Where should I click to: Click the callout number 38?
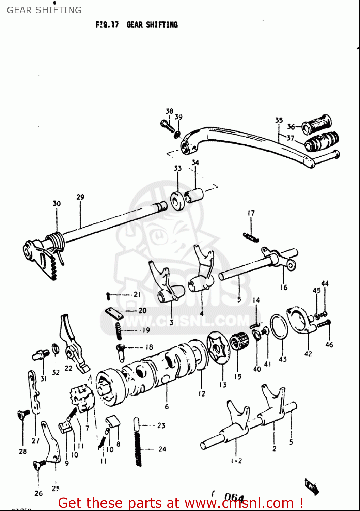point(169,111)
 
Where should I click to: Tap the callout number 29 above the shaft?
point(80,197)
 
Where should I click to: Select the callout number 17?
point(251,213)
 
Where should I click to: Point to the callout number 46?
point(329,345)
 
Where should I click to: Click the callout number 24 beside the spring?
point(162,449)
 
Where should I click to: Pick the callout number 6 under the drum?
point(167,407)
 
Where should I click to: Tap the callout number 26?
point(38,493)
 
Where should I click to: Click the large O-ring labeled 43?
point(279,327)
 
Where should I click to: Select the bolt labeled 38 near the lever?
point(167,126)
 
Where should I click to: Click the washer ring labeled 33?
point(177,201)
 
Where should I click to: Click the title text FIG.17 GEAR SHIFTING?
point(137,25)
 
